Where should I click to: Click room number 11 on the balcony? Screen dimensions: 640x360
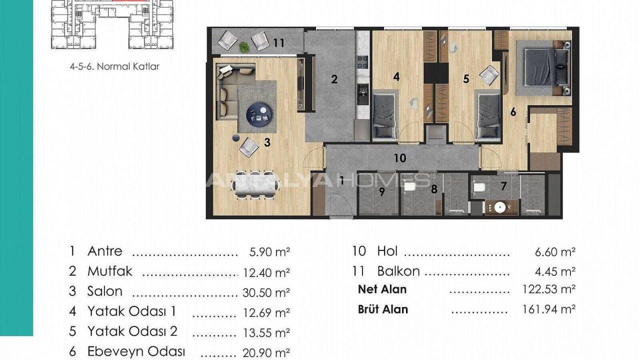tap(278, 43)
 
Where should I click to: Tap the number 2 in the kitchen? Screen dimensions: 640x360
tap(334, 79)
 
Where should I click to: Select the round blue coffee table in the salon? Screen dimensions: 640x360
tap(259, 114)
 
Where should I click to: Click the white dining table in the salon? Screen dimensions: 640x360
tap(256, 184)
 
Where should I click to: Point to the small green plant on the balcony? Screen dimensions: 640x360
tap(244, 47)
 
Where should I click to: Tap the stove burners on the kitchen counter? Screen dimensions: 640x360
tap(362, 62)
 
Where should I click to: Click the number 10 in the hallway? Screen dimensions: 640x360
tap(399, 158)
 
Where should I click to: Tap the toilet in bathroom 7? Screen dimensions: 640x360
tap(479, 187)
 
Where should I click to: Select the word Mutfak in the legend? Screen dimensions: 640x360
tap(110, 271)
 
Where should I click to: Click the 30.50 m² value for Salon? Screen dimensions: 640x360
tap(266, 292)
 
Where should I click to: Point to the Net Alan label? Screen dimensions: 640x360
tap(382, 289)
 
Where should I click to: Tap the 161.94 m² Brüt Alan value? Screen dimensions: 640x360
tap(549, 309)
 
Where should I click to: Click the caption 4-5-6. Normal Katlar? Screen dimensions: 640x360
tap(114, 66)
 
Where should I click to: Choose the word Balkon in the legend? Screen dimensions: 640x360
tap(398, 271)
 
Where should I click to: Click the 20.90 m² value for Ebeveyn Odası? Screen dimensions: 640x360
tap(266, 352)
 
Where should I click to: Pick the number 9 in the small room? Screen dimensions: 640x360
tap(381, 192)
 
